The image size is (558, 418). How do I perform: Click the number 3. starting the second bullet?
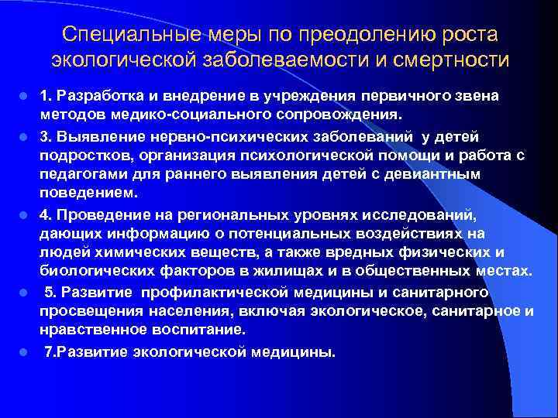pos(47,138)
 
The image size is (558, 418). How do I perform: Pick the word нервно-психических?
pos(198,138)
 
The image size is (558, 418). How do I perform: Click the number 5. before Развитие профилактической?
pos(50,293)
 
